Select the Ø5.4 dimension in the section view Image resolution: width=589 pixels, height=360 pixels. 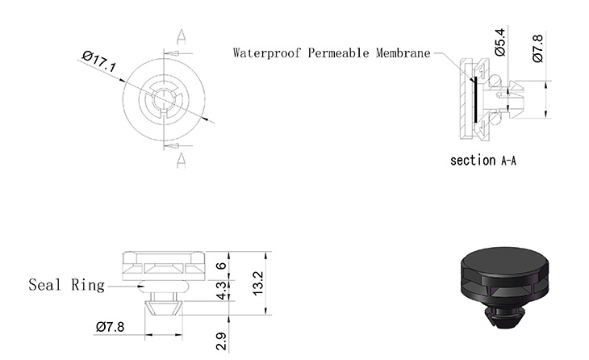point(500,41)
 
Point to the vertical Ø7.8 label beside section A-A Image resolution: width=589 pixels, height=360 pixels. point(537,48)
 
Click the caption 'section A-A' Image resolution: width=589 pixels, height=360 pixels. point(482,161)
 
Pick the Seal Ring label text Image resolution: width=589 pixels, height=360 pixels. point(67,285)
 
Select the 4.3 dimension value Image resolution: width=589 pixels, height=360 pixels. point(220,290)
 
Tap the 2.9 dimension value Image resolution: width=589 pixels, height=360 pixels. point(220,340)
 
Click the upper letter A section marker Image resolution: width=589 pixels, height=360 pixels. point(182,36)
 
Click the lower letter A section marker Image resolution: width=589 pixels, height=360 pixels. point(182,158)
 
